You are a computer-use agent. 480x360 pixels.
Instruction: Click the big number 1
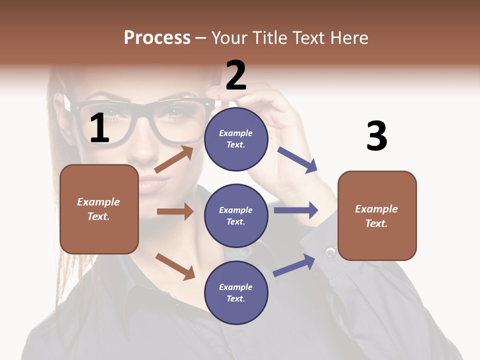[x=100, y=128]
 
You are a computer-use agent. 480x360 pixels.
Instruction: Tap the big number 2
[x=236, y=75]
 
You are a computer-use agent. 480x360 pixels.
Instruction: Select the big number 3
[x=376, y=136]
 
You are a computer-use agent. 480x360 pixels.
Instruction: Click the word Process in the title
[x=157, y=37]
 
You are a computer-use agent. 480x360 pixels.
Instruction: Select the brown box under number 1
[x=99, y=209]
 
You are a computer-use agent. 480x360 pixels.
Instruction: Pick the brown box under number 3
[x=377, y=215]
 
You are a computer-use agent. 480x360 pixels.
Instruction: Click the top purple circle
[x=236, y=138]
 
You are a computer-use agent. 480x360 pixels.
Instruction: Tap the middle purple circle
[x=236, y=215]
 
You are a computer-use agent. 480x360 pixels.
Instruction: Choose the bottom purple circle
[x=236, y=292]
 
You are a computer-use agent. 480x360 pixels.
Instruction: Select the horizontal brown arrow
[x=175, y=211]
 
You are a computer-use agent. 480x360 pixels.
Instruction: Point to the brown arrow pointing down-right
[x=175, y=266]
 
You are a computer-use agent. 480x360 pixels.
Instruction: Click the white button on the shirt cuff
[x=330, y=252]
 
